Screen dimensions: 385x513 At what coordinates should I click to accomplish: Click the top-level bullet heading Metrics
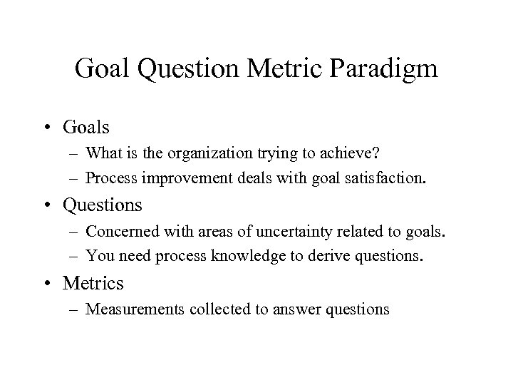coord(93,284)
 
